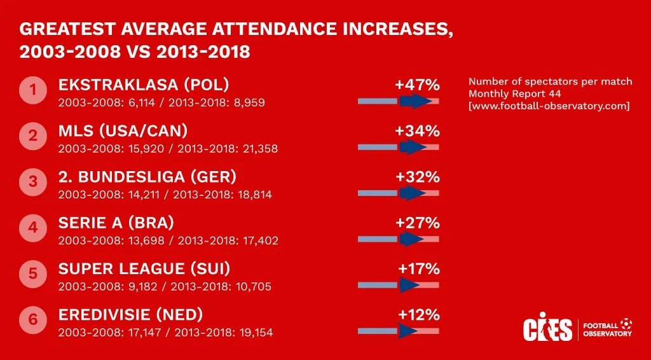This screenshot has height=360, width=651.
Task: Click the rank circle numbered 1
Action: pos(33,90)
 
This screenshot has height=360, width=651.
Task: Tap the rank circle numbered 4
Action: pos(33,228)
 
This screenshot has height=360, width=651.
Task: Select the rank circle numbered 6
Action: pos(33,319)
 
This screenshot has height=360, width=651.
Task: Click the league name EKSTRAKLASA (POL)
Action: pos(144,85)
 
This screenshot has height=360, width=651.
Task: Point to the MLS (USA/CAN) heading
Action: pos(123,131)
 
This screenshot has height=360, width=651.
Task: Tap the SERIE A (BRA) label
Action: pos(116,223)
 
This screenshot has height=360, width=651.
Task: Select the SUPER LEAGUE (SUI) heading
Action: pos(144,268)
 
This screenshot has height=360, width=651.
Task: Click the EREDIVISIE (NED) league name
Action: pos(130,314)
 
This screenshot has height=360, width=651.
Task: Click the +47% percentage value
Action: pos(417,85)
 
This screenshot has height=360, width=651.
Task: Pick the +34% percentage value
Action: pos(417,131)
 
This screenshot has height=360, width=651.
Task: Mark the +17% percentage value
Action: pos(419,268)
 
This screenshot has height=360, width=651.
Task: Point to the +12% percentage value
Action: pos(419,314)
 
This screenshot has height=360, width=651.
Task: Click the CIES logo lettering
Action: pos(547,328)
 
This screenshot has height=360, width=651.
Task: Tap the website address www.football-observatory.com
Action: pos(549,106)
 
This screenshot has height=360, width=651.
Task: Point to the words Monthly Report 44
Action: pos(511,93)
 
